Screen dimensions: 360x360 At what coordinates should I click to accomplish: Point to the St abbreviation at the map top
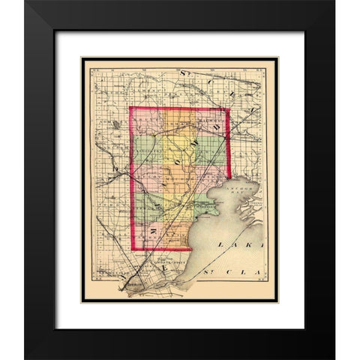pos(185,73)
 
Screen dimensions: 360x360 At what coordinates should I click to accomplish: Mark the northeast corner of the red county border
pos(229,109)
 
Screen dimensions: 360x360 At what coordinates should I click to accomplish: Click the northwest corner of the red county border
pos(129,108)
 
